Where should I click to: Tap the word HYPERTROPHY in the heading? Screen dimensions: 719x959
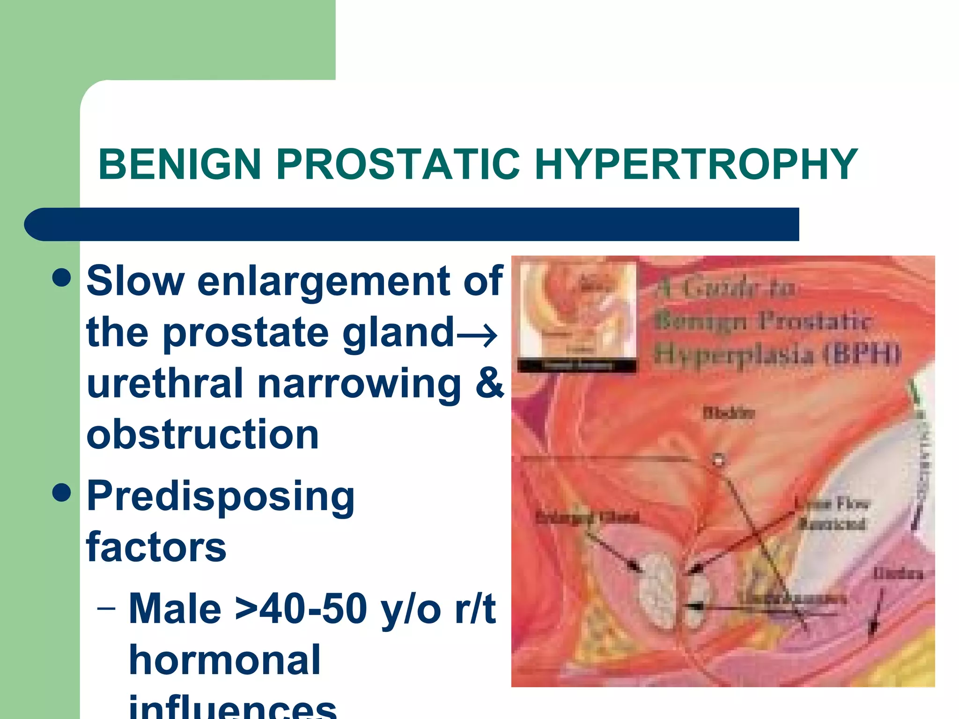696,164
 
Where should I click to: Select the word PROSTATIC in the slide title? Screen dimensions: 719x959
398,164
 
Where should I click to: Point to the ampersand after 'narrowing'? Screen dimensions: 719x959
489,383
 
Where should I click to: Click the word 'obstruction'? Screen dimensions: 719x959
203,434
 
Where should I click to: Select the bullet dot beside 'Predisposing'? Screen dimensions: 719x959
61,493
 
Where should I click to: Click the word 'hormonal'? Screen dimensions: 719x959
225,660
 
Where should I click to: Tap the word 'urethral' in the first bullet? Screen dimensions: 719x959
165,383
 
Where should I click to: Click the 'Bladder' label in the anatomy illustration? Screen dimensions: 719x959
729,413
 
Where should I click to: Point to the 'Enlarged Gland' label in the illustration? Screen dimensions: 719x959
587,518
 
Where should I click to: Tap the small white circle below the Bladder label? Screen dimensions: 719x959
719,460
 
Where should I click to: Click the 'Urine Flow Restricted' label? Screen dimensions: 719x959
834,514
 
